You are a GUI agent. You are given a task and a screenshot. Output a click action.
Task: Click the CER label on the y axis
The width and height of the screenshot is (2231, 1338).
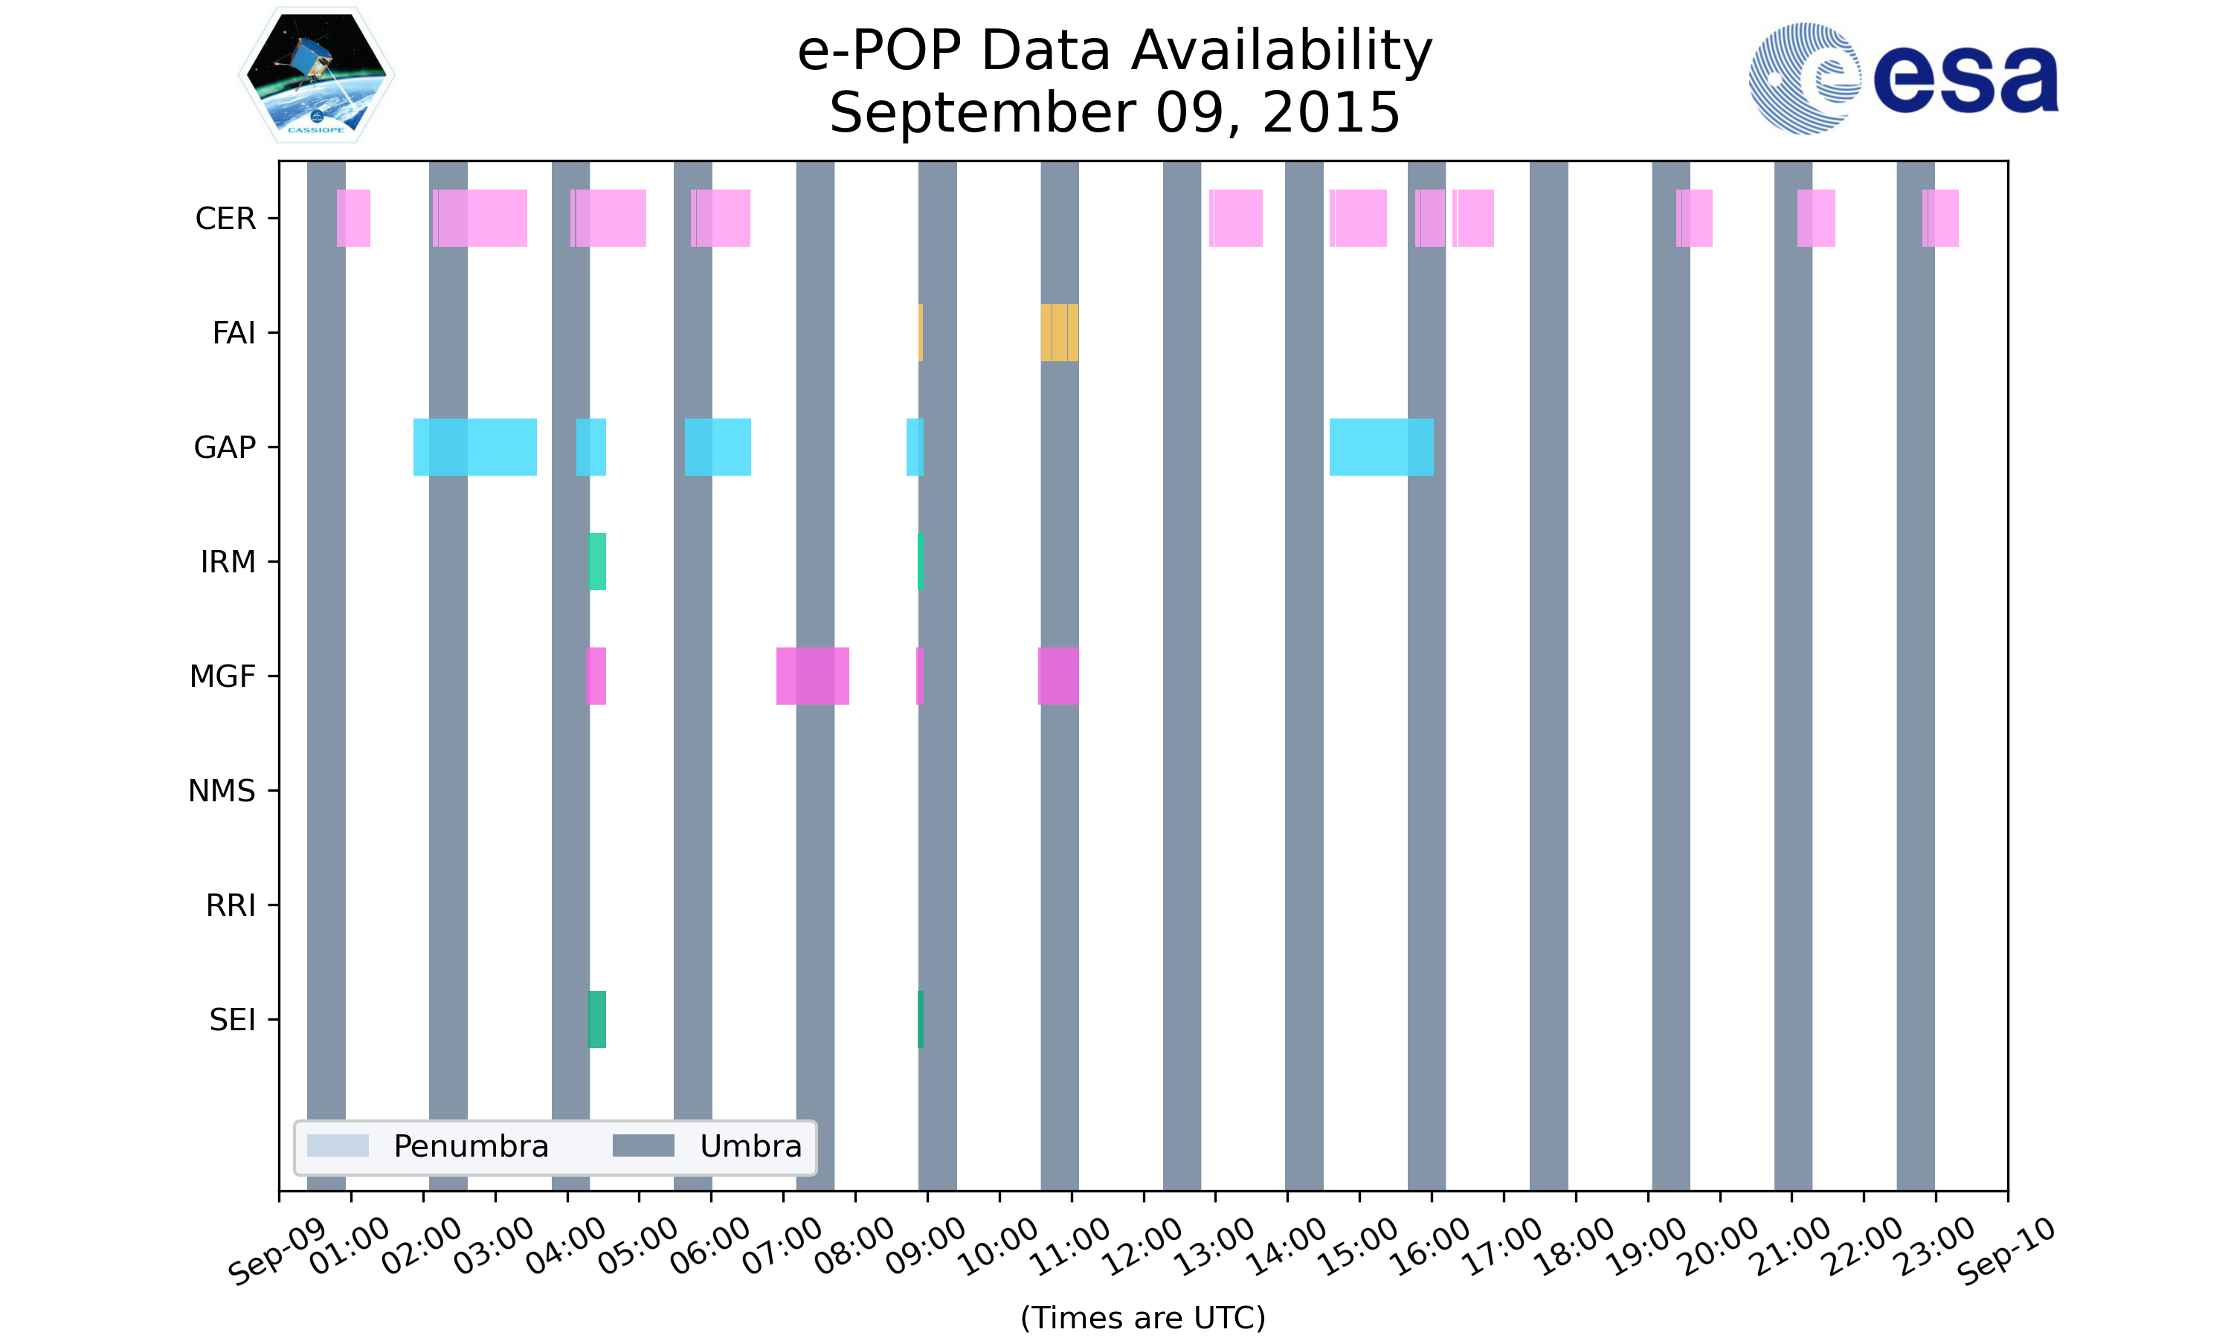click(225, 219)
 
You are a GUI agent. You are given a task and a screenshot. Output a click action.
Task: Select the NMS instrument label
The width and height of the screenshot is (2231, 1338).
click(222, 791)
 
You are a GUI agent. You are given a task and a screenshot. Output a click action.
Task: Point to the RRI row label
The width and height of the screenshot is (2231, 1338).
click(231, 905)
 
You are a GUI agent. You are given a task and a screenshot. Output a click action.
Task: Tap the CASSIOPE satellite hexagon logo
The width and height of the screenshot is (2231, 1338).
click(317, 75)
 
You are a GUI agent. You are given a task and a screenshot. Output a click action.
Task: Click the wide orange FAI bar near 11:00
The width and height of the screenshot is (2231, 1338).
click(1060, 333)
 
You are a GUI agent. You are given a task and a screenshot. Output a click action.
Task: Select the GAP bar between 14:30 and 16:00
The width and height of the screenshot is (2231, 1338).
click(1382, 447)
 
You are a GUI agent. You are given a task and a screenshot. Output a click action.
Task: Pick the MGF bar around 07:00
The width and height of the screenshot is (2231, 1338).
click(813, 676)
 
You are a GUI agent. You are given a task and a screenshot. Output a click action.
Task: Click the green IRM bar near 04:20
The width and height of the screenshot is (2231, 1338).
click(597, 562)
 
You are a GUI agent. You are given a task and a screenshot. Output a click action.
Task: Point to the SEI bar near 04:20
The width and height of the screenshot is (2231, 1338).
click(597, 1020)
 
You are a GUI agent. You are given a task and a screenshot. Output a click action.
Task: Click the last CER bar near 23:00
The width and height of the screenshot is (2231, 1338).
click(1941, 219)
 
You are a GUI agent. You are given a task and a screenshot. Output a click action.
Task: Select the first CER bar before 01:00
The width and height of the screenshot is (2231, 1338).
click(353, 219)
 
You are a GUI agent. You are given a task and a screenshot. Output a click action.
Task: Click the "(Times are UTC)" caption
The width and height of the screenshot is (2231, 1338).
click(1142, 1317)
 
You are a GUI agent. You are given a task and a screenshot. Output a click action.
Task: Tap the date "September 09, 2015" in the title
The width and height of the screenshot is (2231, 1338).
click(1115, 113)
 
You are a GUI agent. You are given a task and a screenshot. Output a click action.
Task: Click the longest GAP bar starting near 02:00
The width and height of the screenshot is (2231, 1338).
click(475, 447)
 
